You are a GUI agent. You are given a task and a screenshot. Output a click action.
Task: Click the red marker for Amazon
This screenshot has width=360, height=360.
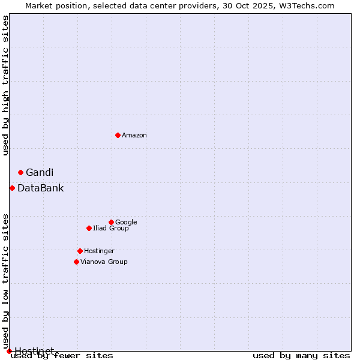point(118,135)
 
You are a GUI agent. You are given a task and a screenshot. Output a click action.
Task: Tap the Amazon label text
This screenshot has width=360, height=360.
point(134,136)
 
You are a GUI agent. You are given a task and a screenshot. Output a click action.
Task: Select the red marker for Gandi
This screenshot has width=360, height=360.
point(20,172)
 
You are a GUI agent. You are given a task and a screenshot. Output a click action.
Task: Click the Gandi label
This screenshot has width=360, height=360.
point(40,173)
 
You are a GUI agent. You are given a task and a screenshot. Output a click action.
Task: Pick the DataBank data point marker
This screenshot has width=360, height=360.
point(12,188)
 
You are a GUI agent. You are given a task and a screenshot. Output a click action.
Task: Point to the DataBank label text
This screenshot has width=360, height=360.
point(40,188)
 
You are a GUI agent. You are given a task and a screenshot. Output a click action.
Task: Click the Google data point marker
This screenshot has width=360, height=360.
point(111,222)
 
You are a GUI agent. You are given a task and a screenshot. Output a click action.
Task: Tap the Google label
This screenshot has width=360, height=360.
point(126,223)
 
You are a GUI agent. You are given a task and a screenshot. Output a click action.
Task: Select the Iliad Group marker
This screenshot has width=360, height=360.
point(89,228)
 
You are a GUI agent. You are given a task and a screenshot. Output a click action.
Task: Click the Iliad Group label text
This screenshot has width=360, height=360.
point(111,229)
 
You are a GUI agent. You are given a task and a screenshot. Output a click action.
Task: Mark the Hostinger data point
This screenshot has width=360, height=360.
point(80,251)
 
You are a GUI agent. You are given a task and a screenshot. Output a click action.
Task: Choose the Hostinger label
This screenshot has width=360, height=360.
point(99,251)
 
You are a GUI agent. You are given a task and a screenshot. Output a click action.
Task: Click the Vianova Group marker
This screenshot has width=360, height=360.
point(76,262)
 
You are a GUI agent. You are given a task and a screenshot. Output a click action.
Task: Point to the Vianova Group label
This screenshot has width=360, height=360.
point(104,262)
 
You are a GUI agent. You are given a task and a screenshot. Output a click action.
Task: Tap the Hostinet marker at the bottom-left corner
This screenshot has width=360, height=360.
point(9,351)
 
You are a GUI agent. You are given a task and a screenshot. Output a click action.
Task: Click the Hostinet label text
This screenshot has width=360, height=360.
point(34,350)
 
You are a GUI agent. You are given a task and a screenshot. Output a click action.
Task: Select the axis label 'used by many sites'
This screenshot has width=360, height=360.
point(301,356)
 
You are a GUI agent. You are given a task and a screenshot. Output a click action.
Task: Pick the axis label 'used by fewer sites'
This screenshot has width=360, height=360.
point(62,356)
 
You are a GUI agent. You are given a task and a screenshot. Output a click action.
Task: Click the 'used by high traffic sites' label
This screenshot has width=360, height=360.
point(5,85)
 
